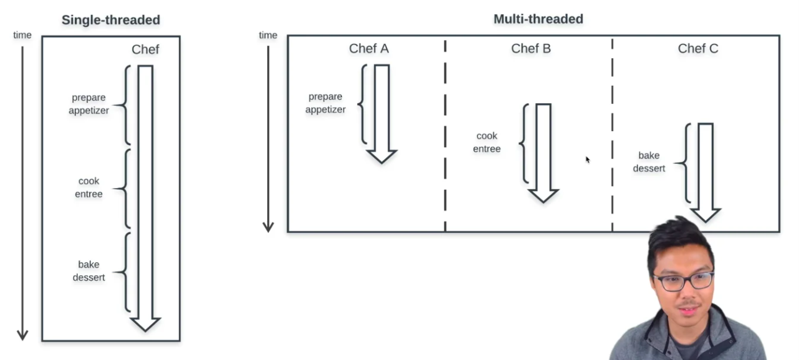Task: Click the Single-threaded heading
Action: coord(111,20)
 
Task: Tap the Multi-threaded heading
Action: coord(538,19)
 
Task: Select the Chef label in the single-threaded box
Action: coord(145,49)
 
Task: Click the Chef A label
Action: coord(369,48)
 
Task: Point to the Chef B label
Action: coord(531,48)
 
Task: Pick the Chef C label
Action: coord(698,48)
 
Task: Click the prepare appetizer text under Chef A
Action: coord(325,103)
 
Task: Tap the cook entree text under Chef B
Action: coord(487,142)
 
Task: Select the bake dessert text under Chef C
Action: coord(649,161)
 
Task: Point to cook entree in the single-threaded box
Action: coord(89,187)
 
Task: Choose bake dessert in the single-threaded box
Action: coord(89,271)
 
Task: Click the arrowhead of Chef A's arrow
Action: coord(382,156)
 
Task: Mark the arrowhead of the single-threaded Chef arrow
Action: coord(145,324)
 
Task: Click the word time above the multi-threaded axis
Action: coord(268,35)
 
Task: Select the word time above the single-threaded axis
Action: coord(22,35)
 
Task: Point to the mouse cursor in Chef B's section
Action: coord(587,160)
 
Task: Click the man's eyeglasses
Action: coord(683,281)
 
